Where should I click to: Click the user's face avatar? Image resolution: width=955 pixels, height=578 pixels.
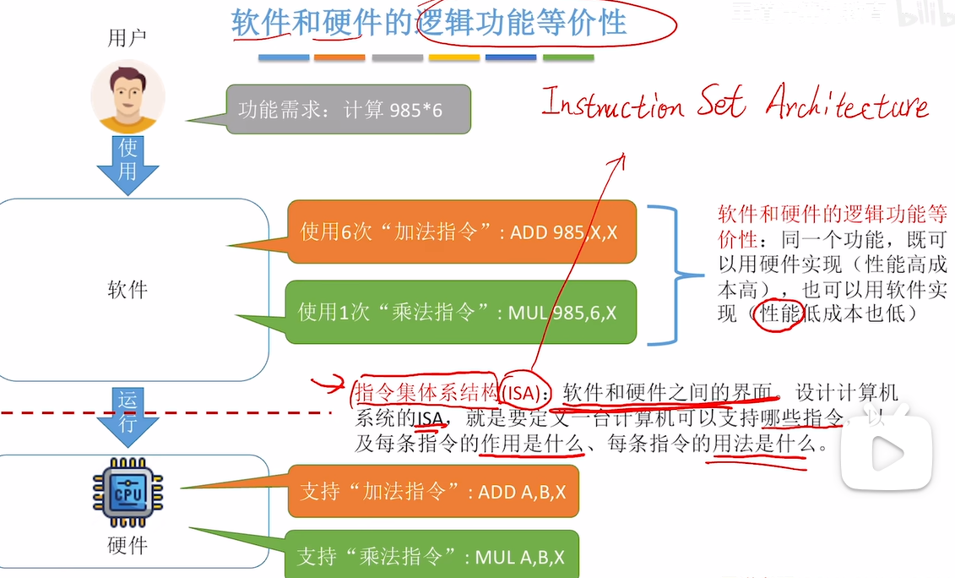pyautogui.click(x=128, y=95)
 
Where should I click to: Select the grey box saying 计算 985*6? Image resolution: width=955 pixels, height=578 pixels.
pyautogui.click(x=348, y=109)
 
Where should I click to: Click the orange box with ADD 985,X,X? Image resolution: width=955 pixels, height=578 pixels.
pyautogui.click(x=461, y=231)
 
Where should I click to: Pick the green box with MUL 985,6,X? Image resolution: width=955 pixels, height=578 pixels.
pyautogui.click(x=461, y=313)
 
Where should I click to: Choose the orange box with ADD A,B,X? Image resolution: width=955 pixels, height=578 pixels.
pyautogui.click(x=433, y=491)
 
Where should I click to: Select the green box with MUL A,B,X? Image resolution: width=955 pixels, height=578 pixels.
pyautogui.click(x=431, y=556)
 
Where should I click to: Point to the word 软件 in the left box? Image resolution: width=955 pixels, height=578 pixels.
pyautogui.click(x=128, y=290)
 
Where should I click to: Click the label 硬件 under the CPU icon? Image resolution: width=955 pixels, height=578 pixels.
pyautogui.click(x=128, y=546)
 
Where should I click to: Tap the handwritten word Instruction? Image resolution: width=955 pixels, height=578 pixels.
pyautogui.click(x=612, y=105)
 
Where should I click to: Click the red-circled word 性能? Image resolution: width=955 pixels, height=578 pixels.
pyautogui.click(x=777, y=314)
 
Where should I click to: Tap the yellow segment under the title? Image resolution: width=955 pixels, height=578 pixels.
pyautogui.click(x=454, y=58)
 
